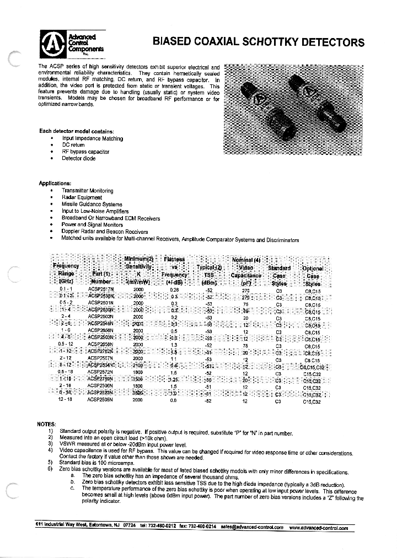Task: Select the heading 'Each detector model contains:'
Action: [77, 131]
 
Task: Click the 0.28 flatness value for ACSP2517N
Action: [174, 289]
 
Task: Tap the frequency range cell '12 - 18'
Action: [66, 401]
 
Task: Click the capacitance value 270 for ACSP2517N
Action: [246, 289]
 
